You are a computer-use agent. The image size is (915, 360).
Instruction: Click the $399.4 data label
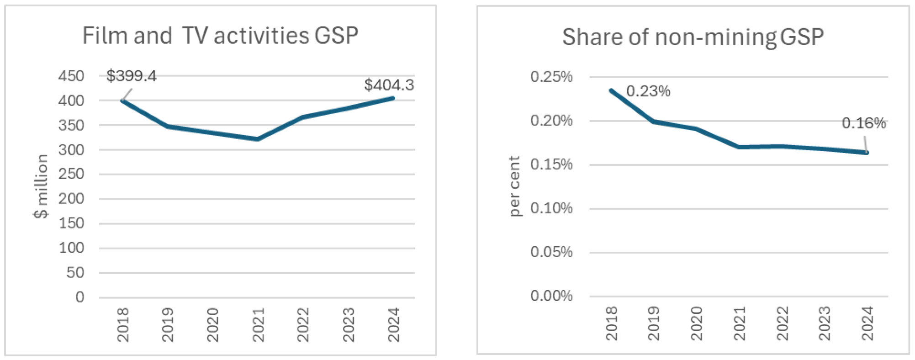click(131, 76)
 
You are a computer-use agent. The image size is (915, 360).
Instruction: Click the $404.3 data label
click(389, 85)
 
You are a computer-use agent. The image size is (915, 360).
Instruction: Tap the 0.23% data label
click(648, 91)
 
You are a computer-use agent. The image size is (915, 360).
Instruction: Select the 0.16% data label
click(863, 123)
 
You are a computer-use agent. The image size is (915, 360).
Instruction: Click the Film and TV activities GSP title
click(220, 36)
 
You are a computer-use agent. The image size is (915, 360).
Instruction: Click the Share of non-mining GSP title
click(693, 37)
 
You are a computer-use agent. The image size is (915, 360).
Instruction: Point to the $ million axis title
click(41, 186)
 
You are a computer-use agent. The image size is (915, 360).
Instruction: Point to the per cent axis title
click(514, 186)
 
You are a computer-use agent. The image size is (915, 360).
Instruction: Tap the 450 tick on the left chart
click(71, 76)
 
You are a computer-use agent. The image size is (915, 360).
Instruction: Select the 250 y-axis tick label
click(71, 174)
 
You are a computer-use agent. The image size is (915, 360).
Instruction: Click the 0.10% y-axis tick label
click(551, 209)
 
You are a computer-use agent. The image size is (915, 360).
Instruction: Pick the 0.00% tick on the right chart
click(551, 296)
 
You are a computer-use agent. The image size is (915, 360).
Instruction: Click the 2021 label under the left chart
click(258, 324)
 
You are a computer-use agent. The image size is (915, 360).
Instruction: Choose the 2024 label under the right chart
click(867, 323)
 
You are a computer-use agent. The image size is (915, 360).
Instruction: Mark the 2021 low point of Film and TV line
click(258, 139)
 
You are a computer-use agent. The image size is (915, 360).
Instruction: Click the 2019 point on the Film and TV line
click(168, 126)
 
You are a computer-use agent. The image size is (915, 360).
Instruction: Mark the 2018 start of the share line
click(611, 90)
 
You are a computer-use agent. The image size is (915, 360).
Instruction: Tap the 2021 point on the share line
click(739, 147)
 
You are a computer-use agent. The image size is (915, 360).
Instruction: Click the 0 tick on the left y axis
click(80, 297)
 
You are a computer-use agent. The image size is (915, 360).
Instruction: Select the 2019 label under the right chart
click(654, 323)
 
